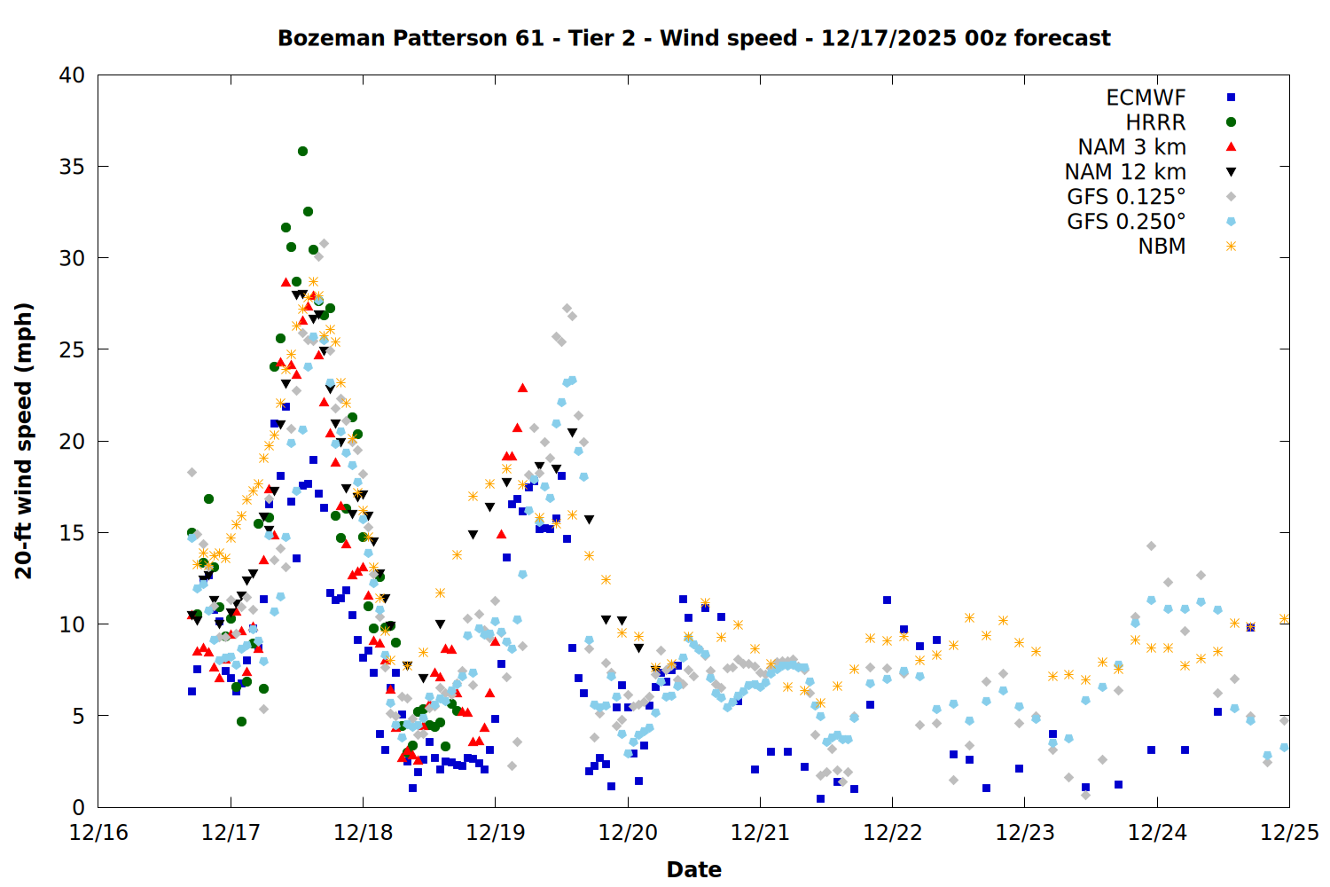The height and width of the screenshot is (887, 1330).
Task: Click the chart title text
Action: click(693, 38)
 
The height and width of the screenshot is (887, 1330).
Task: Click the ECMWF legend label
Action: click(1146, 98)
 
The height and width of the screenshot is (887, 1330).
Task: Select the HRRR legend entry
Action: click(1155, 122)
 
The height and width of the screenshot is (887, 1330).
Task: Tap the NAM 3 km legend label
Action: click(1131, 147)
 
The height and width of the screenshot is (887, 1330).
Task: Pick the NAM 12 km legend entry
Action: click(1125, 172)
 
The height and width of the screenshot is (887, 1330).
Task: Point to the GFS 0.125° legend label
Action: click(1126, 197)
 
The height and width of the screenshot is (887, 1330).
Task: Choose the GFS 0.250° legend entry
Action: click(1126, 222)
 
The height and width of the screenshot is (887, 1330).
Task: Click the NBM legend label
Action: click(1162, 247)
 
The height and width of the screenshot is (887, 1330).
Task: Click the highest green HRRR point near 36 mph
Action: click(302, 151)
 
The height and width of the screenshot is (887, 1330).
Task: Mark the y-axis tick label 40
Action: click(72, 75)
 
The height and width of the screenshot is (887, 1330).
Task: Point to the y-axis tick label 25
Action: click(72, 349)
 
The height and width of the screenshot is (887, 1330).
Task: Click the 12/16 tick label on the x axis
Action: click(98, 833)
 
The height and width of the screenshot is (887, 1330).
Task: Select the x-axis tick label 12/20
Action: click(628, 833)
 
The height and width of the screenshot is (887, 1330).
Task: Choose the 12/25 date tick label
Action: click(1289, 833)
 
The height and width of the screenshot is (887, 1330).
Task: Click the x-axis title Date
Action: click(693, 869)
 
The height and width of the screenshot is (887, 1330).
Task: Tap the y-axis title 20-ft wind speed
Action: click(24, 441)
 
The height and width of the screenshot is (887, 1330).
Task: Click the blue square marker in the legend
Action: click(1231, 98)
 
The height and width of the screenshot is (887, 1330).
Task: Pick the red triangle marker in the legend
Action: click(1231, 146)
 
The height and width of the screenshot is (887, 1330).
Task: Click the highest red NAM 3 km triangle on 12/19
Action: click(522, 388)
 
